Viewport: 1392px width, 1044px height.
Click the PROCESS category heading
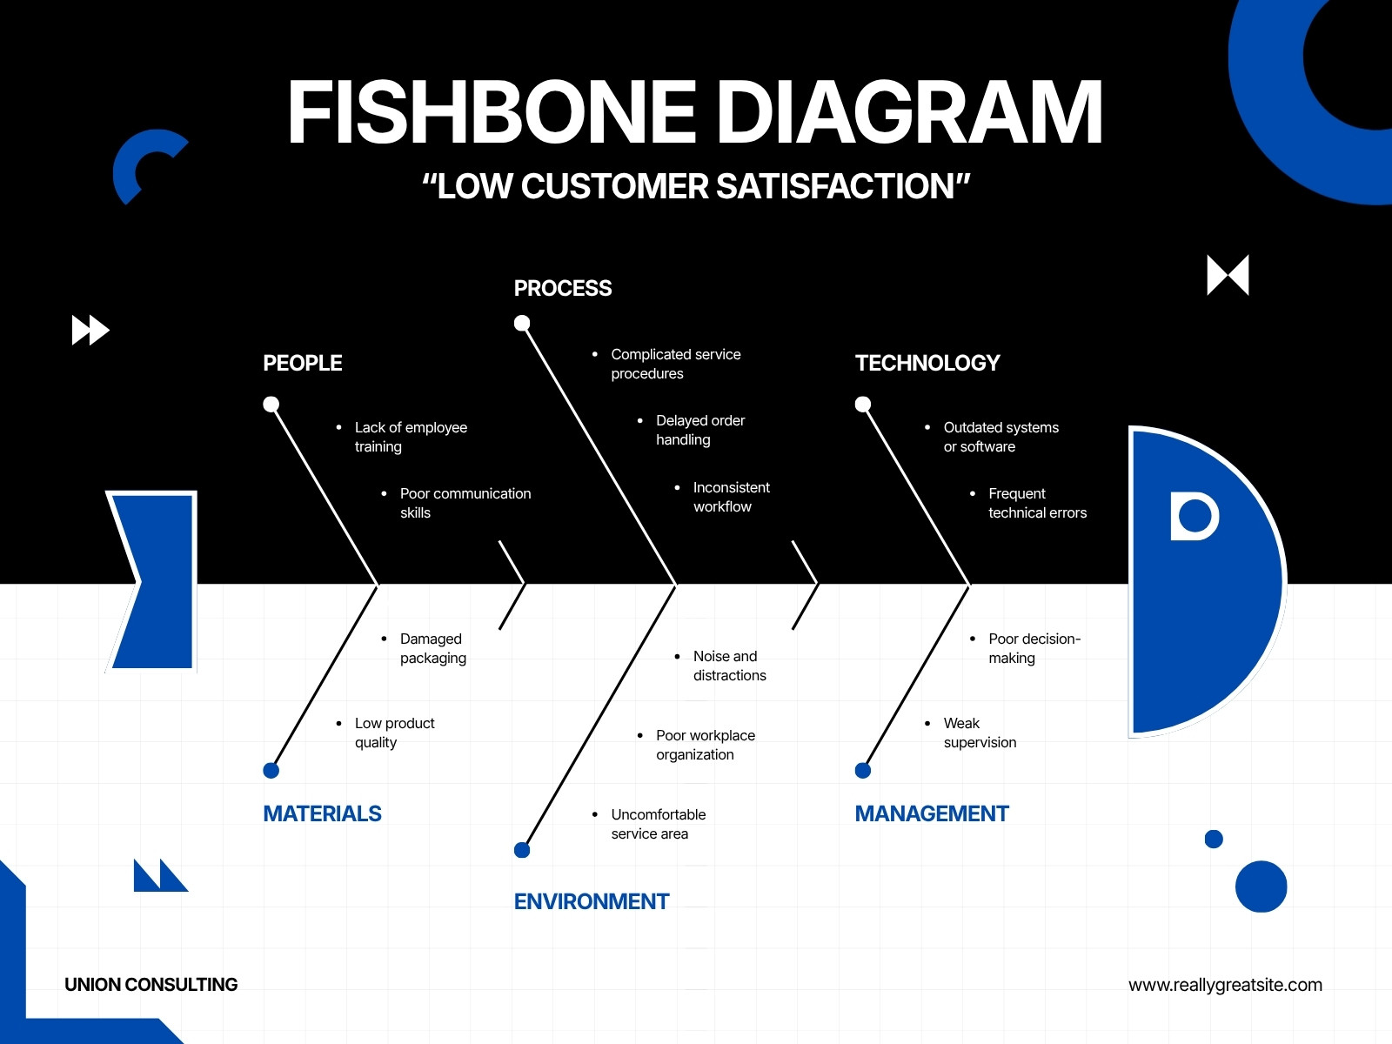(563, 289)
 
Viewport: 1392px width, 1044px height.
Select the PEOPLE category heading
(303, 363)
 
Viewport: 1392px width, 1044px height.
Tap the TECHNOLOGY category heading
(927, 363)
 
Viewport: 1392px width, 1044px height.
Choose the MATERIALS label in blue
(322, 813)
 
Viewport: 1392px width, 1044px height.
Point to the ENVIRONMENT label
(591, 901)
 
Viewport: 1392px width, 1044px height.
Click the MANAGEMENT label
(932, 813)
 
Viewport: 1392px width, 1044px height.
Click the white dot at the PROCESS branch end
(522, 324)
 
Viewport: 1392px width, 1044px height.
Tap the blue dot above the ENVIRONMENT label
(522, 850)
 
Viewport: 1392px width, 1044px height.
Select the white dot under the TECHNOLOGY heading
(863, 405)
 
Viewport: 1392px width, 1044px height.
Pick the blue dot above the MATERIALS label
(271, 771)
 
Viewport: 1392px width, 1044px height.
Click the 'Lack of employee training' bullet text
(411, 437)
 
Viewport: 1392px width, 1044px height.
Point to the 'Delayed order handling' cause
(700, 430)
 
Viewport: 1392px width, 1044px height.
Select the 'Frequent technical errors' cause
(1038, 503)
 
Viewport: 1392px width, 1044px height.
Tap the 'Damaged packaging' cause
(433, 648)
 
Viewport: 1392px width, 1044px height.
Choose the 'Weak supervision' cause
(980, 733)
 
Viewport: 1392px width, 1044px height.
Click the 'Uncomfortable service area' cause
(659, 823)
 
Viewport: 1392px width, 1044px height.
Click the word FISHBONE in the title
(492, 112)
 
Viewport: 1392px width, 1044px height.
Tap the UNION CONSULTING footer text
(151, 985)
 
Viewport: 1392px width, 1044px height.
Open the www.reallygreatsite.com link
(1225, 985)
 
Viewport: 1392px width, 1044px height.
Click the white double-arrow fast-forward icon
(90, 331)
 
